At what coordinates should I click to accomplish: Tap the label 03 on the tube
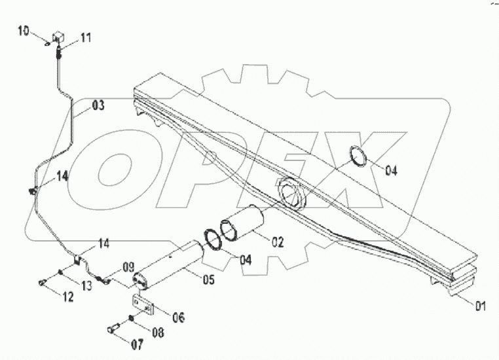coord(98,105)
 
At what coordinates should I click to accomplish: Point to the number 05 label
coord(208,280)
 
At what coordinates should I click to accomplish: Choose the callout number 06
coord(177,317)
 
